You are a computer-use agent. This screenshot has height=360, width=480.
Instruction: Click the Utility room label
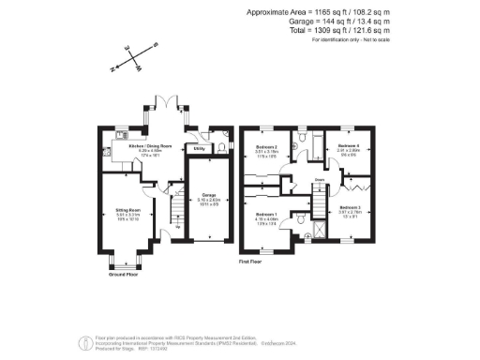click(x=199, y=148)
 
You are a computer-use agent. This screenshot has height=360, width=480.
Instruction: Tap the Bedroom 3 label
click(x=350, y=207)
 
